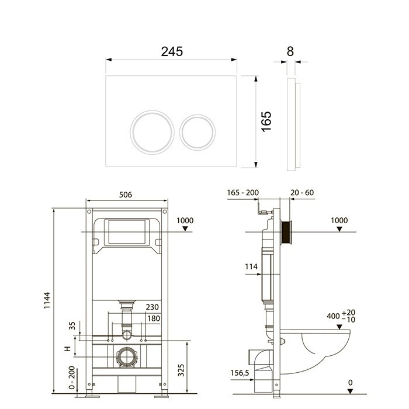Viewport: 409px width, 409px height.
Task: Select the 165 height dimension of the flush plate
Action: pyautogui.click(x=268, y=122)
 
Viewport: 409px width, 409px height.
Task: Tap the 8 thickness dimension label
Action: pyautogui.click(x=290, y=51)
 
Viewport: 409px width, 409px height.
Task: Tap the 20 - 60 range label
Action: pyautogui.click(x=302, y=192)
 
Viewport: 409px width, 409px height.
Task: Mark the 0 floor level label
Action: pyautogui.click(x=351, y=383)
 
